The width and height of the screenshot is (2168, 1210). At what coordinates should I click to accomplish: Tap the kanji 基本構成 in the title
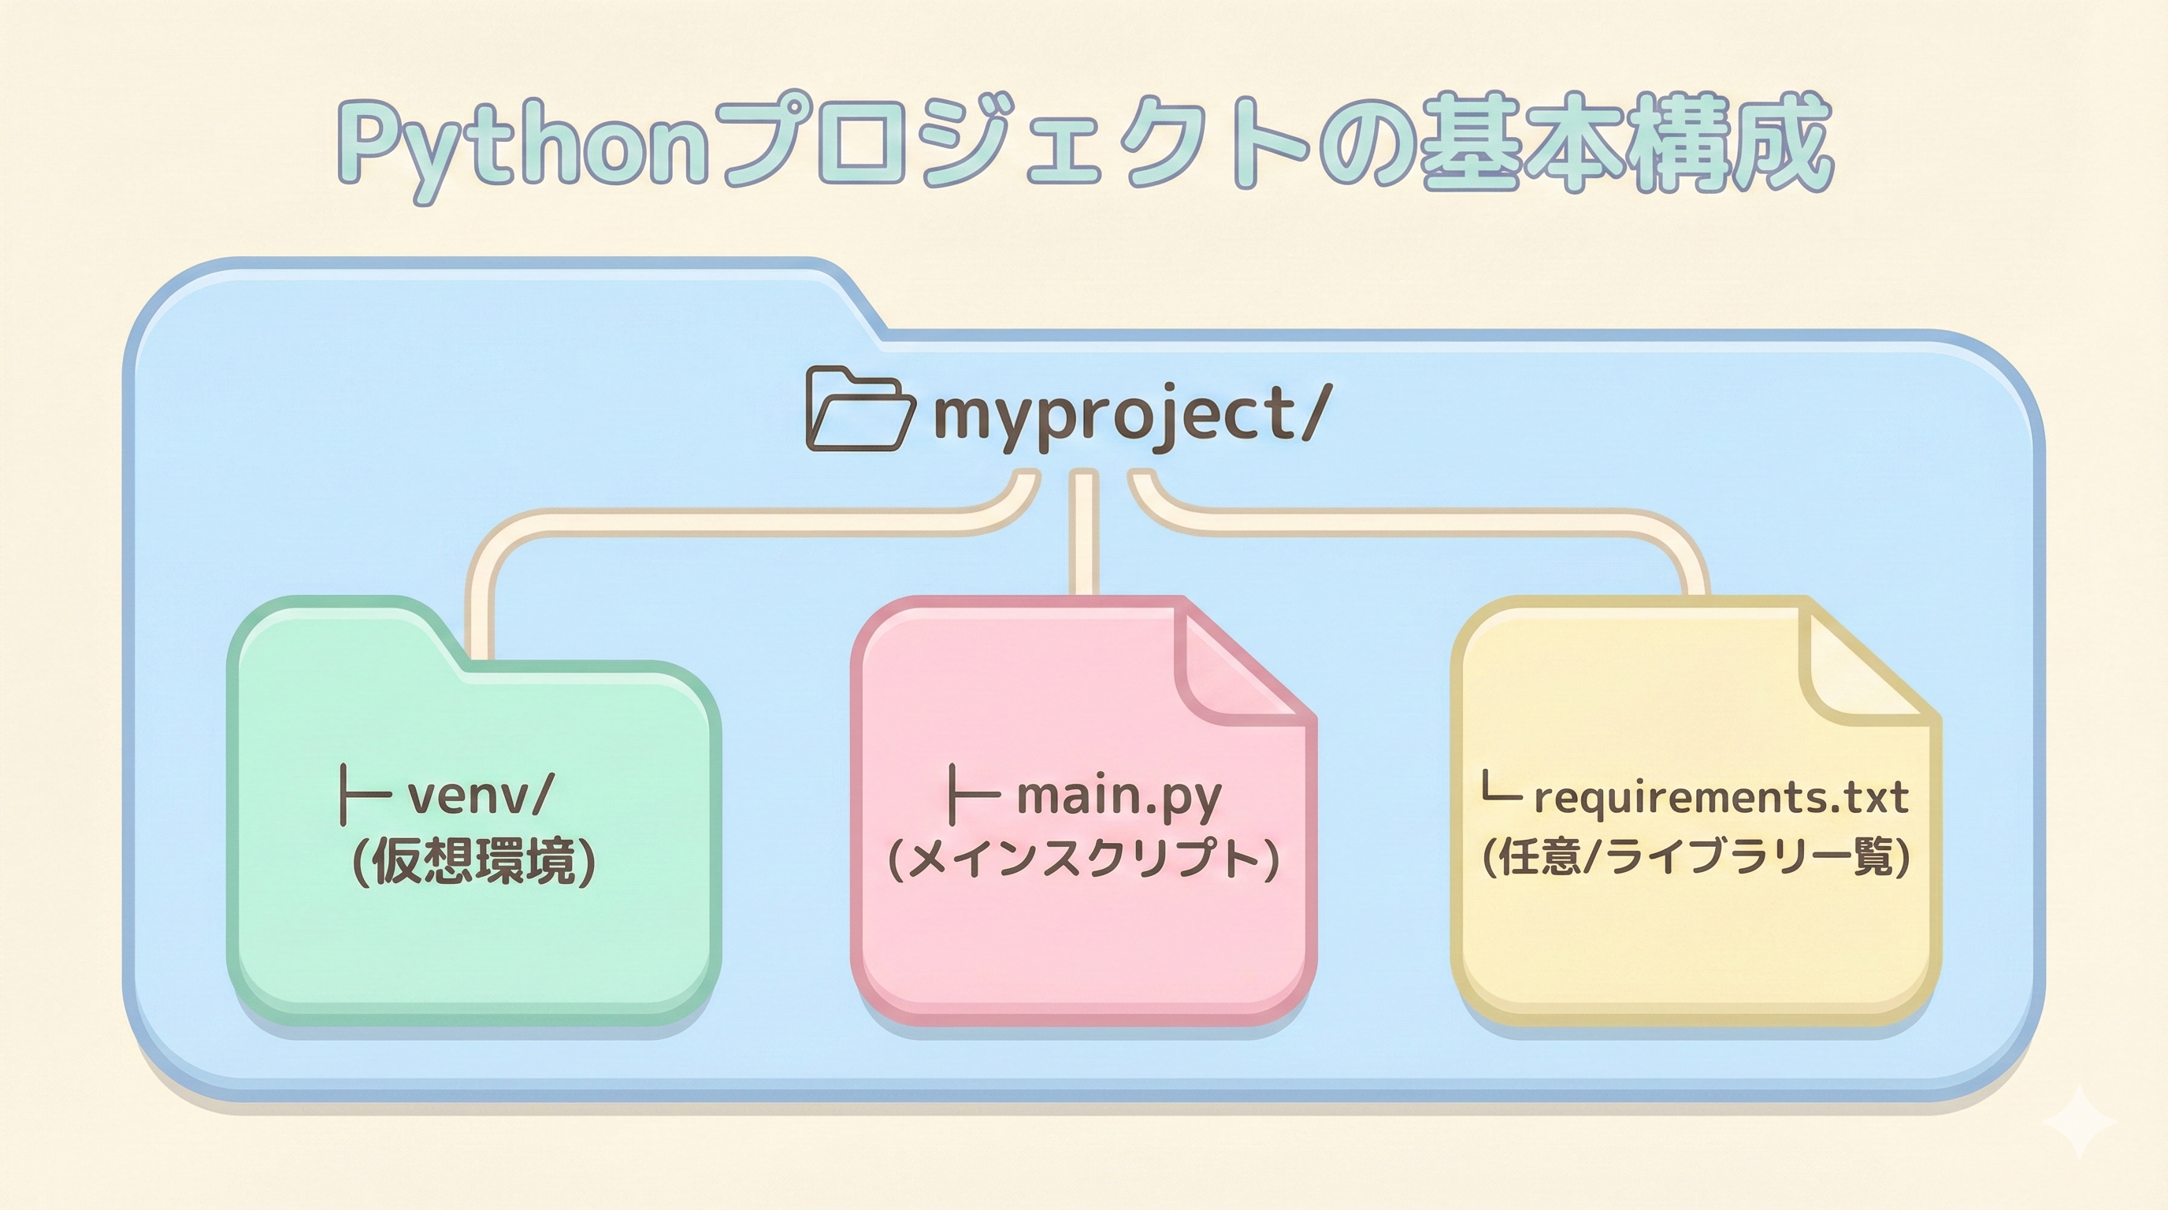(1624, 143)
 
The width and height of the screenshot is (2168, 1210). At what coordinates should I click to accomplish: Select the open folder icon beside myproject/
(859, 410)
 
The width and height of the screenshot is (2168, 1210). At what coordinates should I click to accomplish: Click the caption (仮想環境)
(473, 862)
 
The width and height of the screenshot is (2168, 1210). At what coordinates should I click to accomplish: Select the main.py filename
(1119, 796)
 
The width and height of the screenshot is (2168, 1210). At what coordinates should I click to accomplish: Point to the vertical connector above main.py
(1083, 534)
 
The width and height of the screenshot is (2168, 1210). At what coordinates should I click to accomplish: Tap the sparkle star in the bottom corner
(2080, 1121)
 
